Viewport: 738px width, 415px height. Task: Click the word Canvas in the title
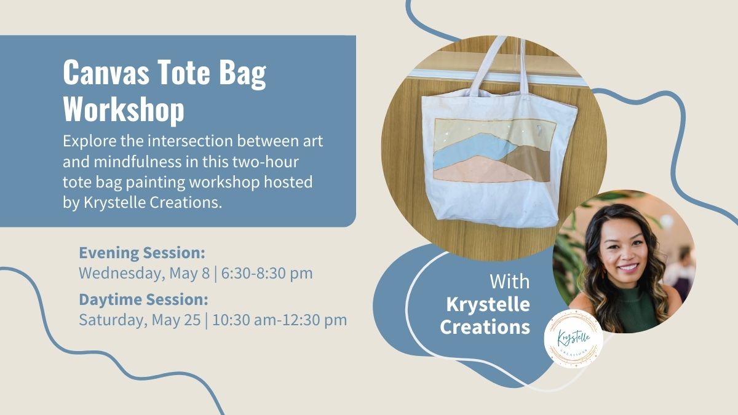[x=106, y=73]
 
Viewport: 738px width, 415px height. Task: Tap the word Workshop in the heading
[x=124, y=109]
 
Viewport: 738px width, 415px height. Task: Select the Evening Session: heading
[x=142, y=253]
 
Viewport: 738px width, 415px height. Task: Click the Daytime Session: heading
[x=144, y=300]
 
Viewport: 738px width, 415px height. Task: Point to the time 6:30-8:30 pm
[x=267, y=274]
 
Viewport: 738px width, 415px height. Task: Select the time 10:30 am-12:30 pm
[x=279, y=320]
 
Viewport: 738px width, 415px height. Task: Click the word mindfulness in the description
[x=138, y=162]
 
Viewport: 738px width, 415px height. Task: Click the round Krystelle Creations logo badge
[x=574, y=339]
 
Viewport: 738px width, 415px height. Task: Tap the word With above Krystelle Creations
[x=510, y=282]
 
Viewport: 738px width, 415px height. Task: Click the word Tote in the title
[x=183, y=73]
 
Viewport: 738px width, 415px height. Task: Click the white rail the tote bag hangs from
[x=494, y=76]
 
